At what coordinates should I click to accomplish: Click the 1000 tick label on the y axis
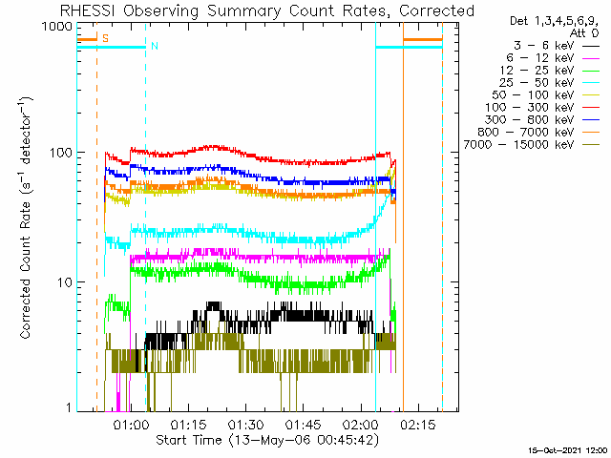coord(57,28)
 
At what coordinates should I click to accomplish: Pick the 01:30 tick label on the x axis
coord(246,425)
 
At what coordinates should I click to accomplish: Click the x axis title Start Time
coord(261,440)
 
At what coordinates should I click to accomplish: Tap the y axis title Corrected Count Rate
coord(29,217)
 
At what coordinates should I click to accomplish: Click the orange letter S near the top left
coord(105,38)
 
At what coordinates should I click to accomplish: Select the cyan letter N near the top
coord(154,46)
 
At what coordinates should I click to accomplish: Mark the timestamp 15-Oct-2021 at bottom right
coord(569,449)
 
